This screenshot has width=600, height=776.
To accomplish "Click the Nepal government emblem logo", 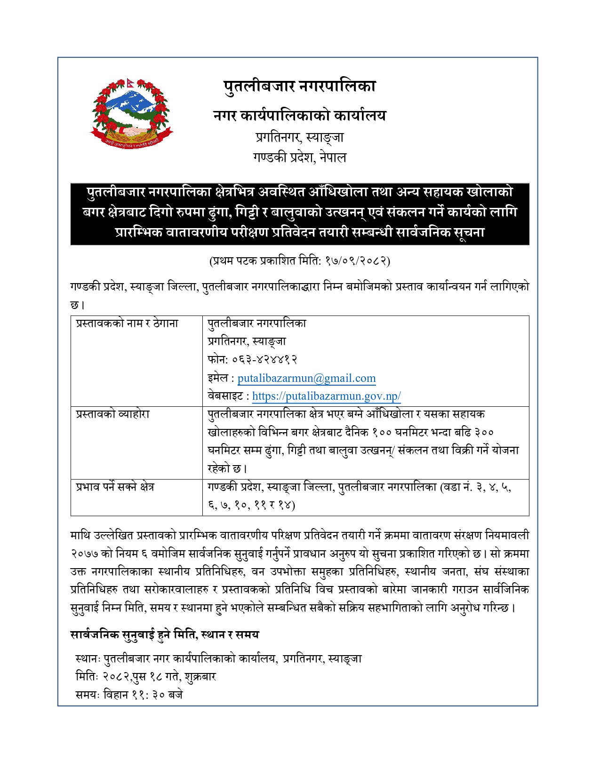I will coord(132,113).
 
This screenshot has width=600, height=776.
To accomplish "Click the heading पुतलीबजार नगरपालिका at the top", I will coord(299,87).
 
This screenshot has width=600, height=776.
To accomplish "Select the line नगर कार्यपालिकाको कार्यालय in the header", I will coord(299,115).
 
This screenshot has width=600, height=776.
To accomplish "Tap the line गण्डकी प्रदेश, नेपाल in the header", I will coord(299,157).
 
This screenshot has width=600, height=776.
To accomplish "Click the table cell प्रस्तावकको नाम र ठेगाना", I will coord(127,324).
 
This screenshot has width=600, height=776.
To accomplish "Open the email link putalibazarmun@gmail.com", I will coord(306,378).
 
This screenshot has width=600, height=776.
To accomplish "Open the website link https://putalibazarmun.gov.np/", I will coord(326,396).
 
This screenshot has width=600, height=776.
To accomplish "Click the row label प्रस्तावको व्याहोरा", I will coord(113,414).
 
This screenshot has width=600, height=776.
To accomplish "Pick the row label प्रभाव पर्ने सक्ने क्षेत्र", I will coord(115,487).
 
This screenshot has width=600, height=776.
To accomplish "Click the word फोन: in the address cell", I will coord(217,360).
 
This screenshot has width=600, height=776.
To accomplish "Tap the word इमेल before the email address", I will coord(218,378).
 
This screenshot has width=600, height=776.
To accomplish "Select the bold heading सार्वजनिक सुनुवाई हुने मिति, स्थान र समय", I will coord(165,634).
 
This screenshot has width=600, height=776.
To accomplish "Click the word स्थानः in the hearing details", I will coord(88,659).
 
